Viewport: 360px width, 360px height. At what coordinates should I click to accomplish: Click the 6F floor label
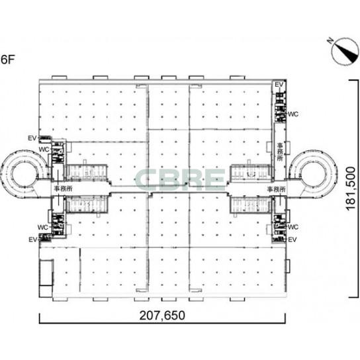[x=7, y=60]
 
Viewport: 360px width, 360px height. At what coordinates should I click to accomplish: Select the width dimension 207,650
[x=162, y=316]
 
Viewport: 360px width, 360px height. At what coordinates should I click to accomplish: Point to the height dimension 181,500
[x=351, y=188]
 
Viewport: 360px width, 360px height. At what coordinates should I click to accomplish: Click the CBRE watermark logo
[x=180, y=179]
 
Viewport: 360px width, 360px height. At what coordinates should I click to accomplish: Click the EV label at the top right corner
[x=279, y=85]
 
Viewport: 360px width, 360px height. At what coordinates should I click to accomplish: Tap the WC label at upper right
[x=293, y=114]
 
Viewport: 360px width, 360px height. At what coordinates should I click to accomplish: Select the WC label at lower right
[x=293, y=227]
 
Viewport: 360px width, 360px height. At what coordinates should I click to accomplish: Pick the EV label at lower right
[x=292, y=240]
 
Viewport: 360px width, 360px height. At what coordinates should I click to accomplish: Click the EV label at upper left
[x=32, y=138]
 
